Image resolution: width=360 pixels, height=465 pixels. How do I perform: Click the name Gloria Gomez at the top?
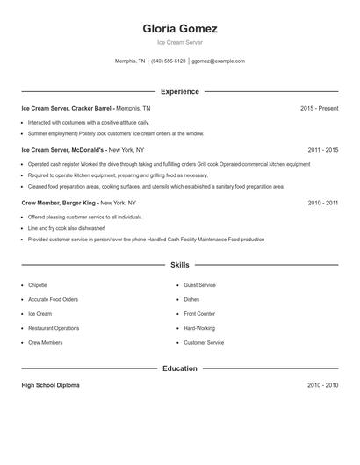pos(180,28)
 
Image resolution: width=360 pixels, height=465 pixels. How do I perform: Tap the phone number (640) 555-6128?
pos(169,61)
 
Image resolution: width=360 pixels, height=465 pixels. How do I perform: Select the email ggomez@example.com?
pos(218,61)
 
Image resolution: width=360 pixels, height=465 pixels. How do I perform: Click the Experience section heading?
pos(180,91)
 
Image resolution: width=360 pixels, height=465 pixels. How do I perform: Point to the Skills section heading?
pos(180,264)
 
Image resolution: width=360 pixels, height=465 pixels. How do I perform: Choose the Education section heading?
pos(180,368)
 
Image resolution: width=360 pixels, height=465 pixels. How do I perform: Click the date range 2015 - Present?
pos(319,108)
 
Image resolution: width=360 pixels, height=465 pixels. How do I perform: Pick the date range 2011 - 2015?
pos(323,150)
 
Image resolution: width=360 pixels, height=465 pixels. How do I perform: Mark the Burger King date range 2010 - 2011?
pos(323,203)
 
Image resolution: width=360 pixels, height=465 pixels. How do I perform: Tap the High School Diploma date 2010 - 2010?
pos(323,385)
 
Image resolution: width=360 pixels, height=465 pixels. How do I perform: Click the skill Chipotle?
pos(38,285)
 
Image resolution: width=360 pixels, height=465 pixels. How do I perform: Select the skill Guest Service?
pos(199,285)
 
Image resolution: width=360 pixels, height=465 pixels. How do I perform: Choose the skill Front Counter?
pos(199,314)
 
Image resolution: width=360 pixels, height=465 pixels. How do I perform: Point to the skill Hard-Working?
pos(199,328)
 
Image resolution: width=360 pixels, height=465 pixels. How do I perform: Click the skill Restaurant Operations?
pos(53,328)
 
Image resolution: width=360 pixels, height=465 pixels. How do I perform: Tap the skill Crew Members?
pos(44,343)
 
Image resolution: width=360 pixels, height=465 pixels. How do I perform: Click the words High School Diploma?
pos(50,385)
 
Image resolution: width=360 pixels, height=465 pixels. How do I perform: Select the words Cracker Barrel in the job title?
pos(91,108)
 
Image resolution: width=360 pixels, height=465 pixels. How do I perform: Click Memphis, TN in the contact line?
pos(130,61)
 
